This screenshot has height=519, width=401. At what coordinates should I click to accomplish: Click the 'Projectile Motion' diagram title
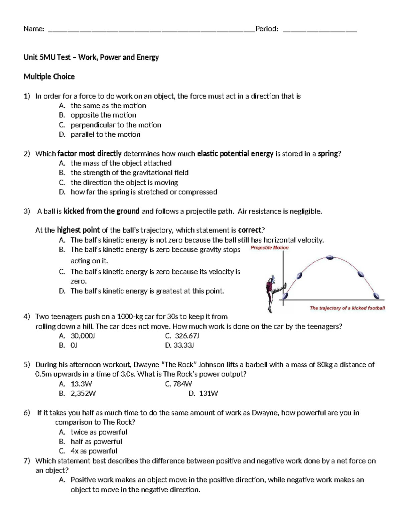269,248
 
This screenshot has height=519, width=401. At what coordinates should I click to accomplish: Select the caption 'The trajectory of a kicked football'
347,308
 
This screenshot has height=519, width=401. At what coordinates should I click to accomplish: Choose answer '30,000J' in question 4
83,336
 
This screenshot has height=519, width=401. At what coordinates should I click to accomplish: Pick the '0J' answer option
74,345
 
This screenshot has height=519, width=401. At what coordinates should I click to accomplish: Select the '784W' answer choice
182,384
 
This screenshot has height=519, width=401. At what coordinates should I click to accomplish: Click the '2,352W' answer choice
83,393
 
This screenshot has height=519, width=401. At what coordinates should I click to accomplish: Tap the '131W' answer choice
208,393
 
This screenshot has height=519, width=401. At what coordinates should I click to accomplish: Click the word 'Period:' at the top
267,29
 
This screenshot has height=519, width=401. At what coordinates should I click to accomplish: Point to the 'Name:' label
34,29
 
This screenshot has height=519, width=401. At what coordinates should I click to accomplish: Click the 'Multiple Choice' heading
49,77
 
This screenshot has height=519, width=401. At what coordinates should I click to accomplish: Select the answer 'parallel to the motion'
105,134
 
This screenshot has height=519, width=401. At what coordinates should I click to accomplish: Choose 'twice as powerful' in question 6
99,432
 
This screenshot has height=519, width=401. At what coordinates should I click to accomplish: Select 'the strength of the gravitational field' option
129,173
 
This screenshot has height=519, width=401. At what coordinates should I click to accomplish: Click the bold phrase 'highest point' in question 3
78,230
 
